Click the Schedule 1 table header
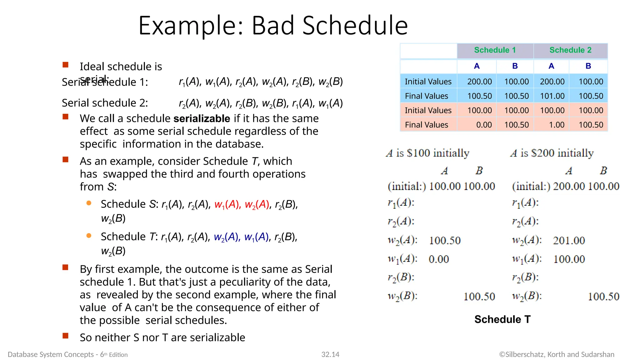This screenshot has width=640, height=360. (495, 50)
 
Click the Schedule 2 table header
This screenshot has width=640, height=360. (570, 50)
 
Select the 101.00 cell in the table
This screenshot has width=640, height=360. (552, 96)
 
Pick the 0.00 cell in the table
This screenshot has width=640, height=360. (484, 125)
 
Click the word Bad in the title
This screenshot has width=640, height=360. (274, 26)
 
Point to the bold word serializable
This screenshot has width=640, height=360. (202, 119)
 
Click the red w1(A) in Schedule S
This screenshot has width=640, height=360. (227, 204)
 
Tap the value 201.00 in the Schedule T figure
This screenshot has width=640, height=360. (569, 240)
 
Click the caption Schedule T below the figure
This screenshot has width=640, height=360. (502, 319)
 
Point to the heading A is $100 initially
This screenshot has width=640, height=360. (427, 153)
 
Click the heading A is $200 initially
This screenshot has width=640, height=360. (552, 153)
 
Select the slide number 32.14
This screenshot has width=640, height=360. (330, 354)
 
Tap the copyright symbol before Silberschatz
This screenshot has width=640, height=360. (502, 354)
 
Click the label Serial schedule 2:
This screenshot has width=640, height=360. (105, 103)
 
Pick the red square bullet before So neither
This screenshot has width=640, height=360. (65, 336)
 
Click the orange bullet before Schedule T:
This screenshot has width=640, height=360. (89, 236)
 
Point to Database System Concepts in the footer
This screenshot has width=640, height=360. (51, 354)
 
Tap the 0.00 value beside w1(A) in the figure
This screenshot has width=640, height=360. (438, 259)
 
